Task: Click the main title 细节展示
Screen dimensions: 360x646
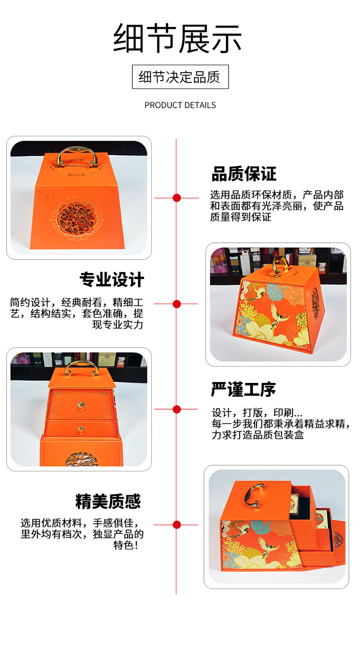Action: pyautogui.click(x=177, y=39)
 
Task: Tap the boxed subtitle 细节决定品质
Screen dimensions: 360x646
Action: pyautogui.click(x=180, y=77)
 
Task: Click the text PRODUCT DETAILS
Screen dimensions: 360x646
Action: pyautogui.click(x=180, y=105)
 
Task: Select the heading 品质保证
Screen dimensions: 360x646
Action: pyautogui.click(x=244, y=174)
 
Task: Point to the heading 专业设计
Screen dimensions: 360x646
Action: pyautogui.click(x=112, y=279)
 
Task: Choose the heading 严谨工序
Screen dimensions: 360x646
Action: pyautogui.click(x=244, y=389)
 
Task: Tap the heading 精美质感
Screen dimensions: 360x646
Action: pyautogui.click(x=108, y=501)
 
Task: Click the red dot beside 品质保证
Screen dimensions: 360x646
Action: pyautogui.click(x=177, y=198)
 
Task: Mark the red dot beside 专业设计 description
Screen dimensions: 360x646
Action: pyautogui.click(x=177, y=304)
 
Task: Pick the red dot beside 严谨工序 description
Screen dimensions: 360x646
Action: pyautogui.click(x=177, y=409)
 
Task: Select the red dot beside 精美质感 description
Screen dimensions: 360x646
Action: pyautogui.click(x=177, y=525)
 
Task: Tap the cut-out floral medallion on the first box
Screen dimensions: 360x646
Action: pyautogui.click(x=76, y=218)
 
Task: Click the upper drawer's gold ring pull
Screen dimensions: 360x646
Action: pyautogui.click(x=80, y=407)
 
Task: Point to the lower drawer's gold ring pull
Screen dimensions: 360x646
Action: pyautogui.click(x=80, y=430)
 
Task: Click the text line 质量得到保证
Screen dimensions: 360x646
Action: pyautogui.click(x=241, y=217)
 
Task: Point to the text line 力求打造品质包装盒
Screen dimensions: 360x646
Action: pyautogui.click(x=258, y=435)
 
